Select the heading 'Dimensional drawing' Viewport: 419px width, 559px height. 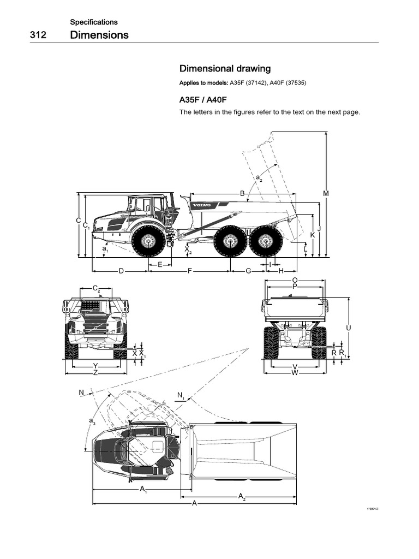point(225,69)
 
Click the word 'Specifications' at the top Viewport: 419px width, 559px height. point(94,22)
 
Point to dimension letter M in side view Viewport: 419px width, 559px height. point(326,193)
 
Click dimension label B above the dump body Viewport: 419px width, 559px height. point(242,193)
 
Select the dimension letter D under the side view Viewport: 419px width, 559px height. point(121,271)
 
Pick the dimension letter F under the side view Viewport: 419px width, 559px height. point(190,271)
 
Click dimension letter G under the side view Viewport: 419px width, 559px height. point(248,271)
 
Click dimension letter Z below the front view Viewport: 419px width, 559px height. point(95,372)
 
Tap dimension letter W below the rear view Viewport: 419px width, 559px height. point(295,372)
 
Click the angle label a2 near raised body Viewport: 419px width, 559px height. point(259,178)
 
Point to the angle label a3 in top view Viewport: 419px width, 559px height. point(91,420)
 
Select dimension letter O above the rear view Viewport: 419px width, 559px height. point(295,280)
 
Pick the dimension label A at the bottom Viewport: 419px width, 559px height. point(194,503)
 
